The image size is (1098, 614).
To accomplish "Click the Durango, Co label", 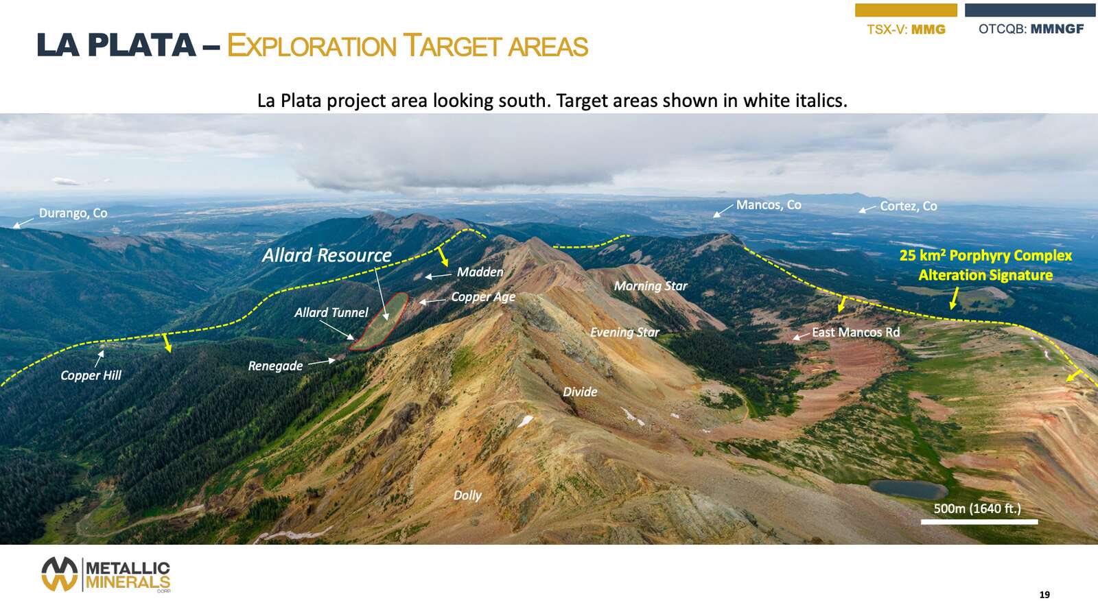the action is pos(73,213).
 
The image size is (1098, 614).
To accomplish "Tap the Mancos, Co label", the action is pos(769,205).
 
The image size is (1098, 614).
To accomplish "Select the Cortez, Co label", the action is pos(909,206).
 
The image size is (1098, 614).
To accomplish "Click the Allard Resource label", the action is pos(327,255).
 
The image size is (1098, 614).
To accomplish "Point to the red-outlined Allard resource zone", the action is pos(379,322).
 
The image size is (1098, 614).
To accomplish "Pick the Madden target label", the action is pos(480,272).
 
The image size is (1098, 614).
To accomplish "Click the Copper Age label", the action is pos(483,297).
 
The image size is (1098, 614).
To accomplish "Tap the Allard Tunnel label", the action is pos(331,313).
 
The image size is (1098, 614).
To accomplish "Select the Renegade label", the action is pos(275,366).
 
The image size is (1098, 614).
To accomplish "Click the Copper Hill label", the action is pos(91,375).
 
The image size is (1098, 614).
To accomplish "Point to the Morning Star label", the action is pos(651,285).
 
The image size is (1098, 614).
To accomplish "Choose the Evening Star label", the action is pos(624,332).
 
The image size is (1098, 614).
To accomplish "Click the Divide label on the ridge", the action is pos(580,392).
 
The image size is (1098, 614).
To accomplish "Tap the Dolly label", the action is pos(467,495).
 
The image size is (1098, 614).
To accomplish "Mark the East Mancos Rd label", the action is pos(856,332).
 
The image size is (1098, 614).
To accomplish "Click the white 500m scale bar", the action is pos(979,522).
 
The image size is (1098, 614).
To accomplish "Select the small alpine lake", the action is pos(909,489).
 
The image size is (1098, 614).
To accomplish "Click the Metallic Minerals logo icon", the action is pos(59,574).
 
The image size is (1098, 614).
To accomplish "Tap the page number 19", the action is pos(1044,595).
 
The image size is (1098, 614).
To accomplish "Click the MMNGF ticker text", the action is pos(1057,29).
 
